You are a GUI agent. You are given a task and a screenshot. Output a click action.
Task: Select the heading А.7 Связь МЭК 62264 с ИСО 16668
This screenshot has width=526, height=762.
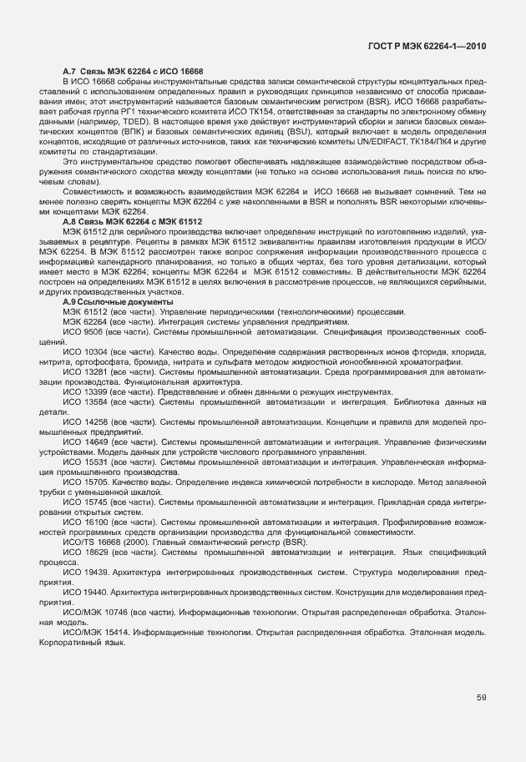tap(134, 71)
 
